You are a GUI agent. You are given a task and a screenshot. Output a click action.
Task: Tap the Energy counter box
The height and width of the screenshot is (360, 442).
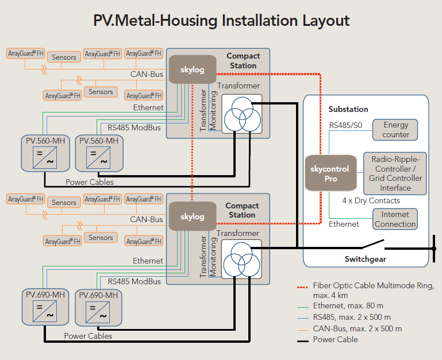395,130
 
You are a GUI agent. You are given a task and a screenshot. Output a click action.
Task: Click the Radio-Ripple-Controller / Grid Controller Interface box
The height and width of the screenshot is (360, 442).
395,173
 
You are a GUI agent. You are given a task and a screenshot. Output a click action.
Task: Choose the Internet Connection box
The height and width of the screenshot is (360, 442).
395,219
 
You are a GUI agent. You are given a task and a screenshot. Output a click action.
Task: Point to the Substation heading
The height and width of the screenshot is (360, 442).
348,109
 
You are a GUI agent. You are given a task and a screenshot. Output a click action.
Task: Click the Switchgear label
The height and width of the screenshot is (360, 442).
366,259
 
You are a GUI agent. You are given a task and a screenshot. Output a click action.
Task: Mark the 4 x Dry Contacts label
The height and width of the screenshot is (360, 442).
371,201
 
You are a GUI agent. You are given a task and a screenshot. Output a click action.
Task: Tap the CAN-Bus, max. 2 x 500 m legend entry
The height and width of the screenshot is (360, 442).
357,328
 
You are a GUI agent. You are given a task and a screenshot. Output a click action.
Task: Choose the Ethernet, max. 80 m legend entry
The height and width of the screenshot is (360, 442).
348,305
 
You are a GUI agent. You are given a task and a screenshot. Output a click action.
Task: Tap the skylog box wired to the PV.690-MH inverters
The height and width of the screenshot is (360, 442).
192,216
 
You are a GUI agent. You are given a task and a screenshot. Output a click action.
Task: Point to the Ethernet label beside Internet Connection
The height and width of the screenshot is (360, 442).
344,224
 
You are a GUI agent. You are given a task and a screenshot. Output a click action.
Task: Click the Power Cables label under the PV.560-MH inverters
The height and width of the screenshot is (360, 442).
90,182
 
